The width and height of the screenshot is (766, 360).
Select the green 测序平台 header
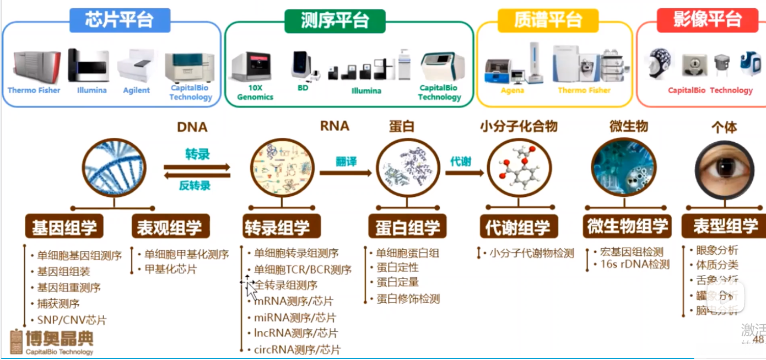(x=335, y=20)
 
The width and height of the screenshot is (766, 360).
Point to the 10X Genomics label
(x=255, y=92)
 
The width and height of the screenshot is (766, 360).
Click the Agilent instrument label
(x=136, y=90)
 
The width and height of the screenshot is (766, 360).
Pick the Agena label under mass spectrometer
(x=512, y=90)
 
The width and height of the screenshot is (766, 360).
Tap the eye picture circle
(x=724, y=168)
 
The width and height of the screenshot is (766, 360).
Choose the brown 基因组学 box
(x=64, y=227)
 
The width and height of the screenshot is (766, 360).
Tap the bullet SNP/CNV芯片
(x=72, y=320)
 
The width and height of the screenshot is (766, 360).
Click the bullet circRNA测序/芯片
(x=297, y=349)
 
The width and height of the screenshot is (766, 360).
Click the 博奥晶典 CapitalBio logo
(x=52, y=342)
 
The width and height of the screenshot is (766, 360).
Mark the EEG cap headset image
(x=660, y=64)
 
